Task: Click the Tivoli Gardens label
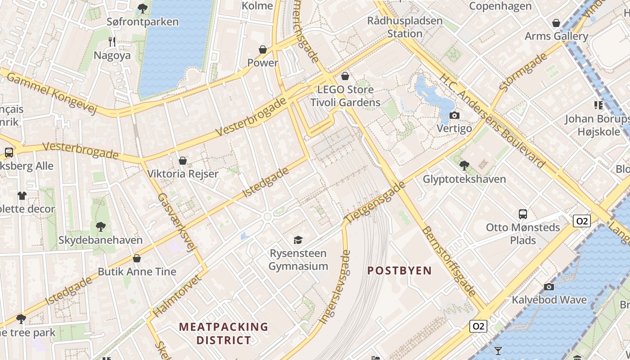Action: coord(345,103)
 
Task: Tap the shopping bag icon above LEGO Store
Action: coord(345,76)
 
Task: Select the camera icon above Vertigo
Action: coord(454,116)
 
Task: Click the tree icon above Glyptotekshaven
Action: coord(464,166)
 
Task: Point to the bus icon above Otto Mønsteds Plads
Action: coord(522,214)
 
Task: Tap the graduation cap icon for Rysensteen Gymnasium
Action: coord(298,240)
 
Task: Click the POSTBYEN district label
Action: coord(400,270)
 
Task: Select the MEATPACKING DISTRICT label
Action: coord(224,333)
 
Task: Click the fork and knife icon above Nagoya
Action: coord(112,42)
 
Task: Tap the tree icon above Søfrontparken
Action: coord(143,8)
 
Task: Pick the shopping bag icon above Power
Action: coord(263,49)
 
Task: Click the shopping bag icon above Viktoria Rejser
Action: coord(183,161)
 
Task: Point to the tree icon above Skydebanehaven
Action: coord(101,227)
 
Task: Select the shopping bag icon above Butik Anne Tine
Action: coord(137,258)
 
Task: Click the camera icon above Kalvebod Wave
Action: coord(549,287)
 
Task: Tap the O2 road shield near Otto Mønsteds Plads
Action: coord(581,221)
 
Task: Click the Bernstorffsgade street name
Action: coord(448,261)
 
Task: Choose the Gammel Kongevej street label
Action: coord(52,93)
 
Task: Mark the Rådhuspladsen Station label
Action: coord(405,27)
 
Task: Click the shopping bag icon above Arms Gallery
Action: coord(556,23)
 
